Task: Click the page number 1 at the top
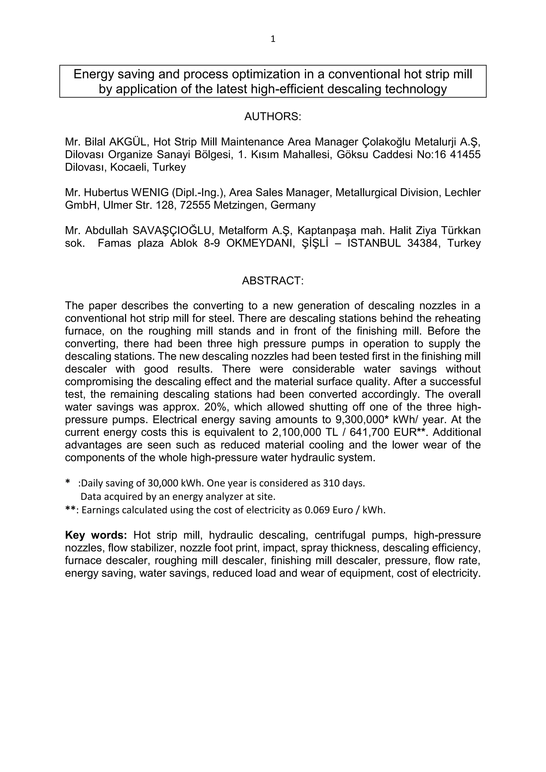[273, 39]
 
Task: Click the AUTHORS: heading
[273, 117]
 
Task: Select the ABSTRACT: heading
[273, 280]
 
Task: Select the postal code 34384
[424, 243]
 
